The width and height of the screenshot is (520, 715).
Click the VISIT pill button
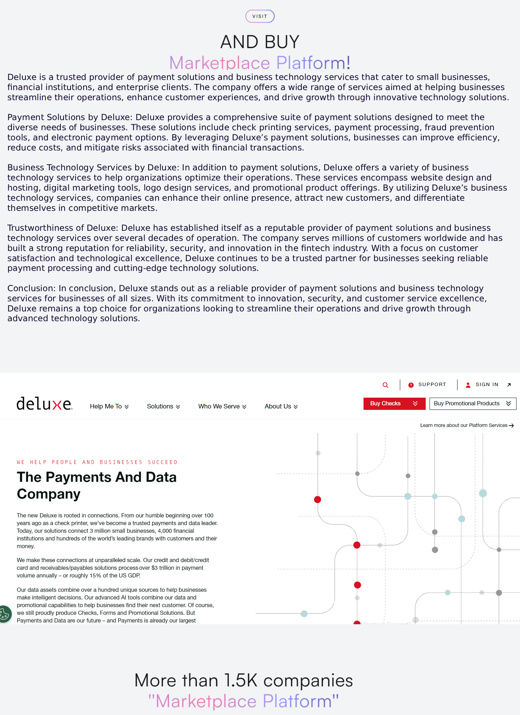tap(260, 16)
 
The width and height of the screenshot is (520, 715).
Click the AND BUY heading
tap(260, 42)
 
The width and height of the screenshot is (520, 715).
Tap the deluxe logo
tap(44, 404)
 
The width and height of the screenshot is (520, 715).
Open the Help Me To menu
tap(109, 406)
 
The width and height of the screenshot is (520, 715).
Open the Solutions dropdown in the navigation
tap(163, 406)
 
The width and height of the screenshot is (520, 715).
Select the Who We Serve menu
tap(222, 406)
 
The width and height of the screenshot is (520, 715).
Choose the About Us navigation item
tap(281, 406)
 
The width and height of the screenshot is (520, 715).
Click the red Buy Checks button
tap(394, 404)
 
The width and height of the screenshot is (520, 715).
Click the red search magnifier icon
tap(386, 385)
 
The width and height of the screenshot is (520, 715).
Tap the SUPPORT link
tap(432, 384)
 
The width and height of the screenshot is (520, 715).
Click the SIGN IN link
tap(487, 384)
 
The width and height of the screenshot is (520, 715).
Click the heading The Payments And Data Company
tap(97, 485)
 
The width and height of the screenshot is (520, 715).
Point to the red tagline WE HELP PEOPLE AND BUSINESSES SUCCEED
tap(97, 462)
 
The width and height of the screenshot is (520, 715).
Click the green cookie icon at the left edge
tap(5, 613)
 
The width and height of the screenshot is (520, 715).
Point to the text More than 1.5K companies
tap(243, 680)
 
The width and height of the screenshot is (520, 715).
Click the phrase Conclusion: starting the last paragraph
tap(31, 288)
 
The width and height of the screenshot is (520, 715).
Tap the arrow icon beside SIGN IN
tap(509, 385)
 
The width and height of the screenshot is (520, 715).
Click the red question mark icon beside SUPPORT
tap(411, 385)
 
